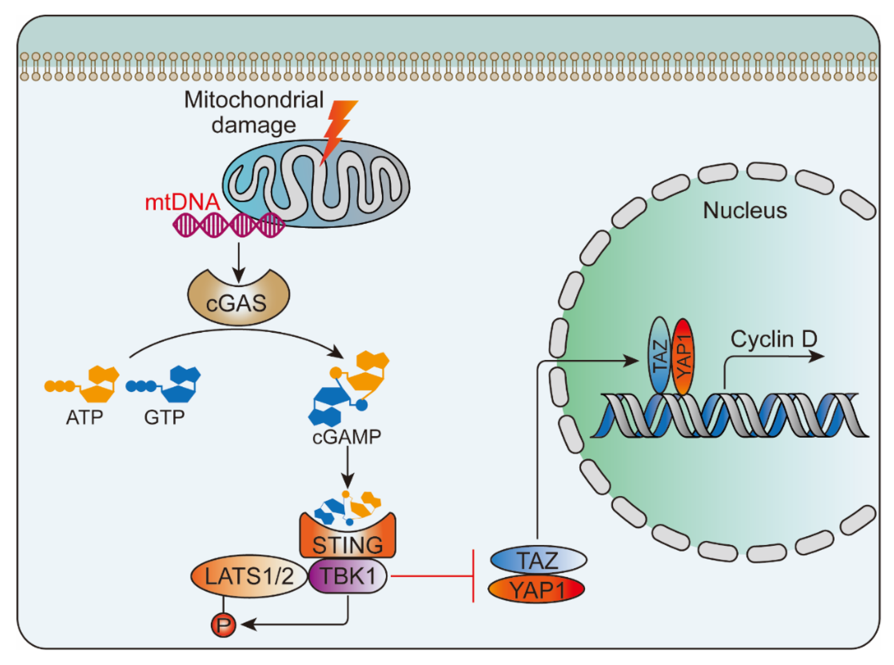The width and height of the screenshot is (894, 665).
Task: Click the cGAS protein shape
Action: point(238,300)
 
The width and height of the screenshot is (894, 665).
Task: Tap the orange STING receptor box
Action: point(347,539)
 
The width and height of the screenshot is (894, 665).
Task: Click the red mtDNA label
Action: point(182,202)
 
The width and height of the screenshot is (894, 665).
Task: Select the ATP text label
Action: point(84,417)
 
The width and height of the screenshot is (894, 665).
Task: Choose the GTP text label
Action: point(164,417)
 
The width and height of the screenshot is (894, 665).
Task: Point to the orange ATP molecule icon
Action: point(82,384)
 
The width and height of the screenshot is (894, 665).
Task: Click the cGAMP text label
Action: point(347,437)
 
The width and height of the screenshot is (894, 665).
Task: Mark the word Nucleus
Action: point(745,211)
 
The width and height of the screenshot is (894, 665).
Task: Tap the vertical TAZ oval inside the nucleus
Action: point(660,355)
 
